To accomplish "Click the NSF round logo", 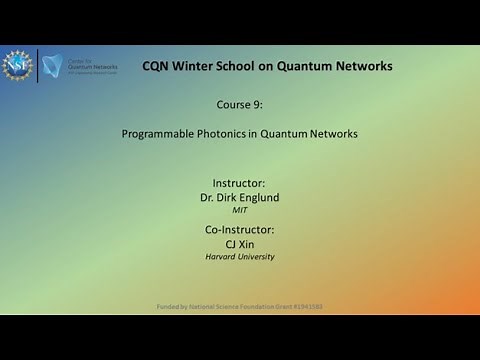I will coord(17,66).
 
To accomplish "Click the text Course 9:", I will coord(239,103).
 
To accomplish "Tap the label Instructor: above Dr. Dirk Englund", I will coord(239,183).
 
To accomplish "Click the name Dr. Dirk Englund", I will coord(239,198).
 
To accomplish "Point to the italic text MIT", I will coord(239,211).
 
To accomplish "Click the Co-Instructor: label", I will coord(239,230).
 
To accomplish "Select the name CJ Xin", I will coord(239,244).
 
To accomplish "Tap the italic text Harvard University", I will coord(239,257).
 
